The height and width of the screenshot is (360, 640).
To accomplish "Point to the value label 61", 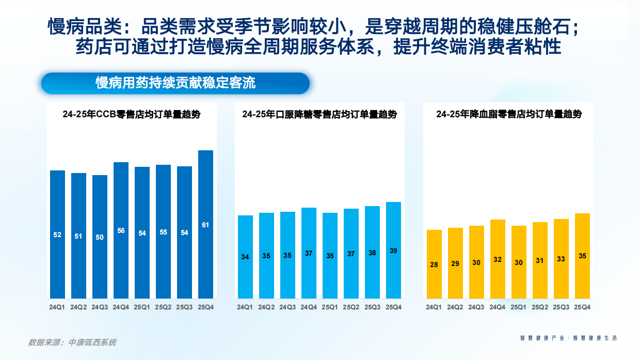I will (x=205, y=225).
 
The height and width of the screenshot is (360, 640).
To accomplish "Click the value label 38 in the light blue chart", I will (x=372, y=253).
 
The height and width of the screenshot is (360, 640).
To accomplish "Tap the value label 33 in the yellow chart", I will (x=561, y=259).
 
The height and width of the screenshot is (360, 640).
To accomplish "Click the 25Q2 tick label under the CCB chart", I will (x=163, y=307).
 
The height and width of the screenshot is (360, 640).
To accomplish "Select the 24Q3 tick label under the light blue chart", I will (x=287, y=307).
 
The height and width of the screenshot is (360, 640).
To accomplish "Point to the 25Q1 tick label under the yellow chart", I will (x=519, y=307).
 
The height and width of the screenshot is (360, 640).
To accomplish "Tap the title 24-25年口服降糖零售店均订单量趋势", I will (x=319, y=115).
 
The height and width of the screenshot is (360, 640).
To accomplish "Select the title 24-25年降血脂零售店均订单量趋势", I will (x=508, y=114).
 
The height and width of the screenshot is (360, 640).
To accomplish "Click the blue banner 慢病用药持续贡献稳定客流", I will (x=175, y=83).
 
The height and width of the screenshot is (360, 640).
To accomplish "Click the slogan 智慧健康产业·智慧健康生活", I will (x=568, y=338).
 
